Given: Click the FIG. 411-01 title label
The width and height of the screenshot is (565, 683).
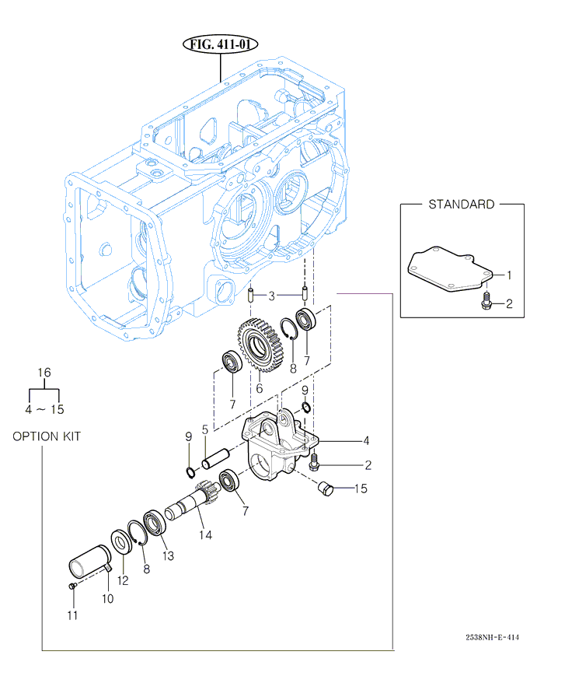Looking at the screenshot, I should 221,44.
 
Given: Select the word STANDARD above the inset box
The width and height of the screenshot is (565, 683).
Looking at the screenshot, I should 461,205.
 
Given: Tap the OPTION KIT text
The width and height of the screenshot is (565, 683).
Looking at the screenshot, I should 46,436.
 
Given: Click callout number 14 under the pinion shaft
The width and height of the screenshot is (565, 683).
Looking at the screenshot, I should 205,534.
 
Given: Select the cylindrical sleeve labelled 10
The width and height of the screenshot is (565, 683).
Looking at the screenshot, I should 87,563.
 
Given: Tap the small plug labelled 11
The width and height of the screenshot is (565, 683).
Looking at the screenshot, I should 71,585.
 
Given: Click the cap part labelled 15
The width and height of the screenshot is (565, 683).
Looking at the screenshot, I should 326,489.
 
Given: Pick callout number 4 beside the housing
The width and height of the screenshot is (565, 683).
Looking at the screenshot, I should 366,441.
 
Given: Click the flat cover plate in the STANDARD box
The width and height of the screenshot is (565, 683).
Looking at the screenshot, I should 450,268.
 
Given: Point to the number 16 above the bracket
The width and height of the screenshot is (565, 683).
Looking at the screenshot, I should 45,373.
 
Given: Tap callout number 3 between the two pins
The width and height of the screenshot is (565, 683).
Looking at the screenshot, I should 271,296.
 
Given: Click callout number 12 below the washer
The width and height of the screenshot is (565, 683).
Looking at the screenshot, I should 123,580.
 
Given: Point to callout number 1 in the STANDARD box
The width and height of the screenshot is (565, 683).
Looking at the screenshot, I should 509,275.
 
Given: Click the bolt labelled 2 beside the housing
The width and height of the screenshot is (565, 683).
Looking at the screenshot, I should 315,464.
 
